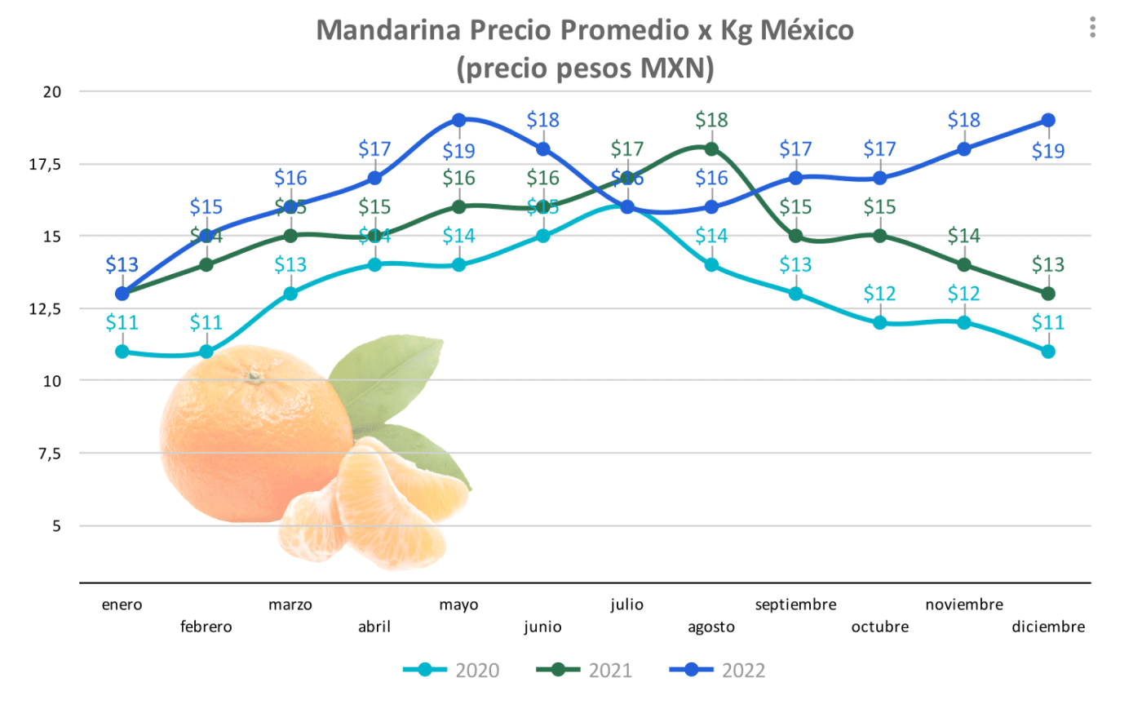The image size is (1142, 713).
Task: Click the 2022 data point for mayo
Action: [x=458, y=121]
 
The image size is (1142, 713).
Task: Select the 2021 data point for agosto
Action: [x=711, y=149]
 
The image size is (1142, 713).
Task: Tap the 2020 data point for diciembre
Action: [x=1048, y=352]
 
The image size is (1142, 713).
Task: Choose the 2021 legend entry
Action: [x=584, y=671]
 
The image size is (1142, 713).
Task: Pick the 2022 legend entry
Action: [x=717, y=671]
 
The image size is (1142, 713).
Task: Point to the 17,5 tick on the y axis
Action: [x=46, y=165]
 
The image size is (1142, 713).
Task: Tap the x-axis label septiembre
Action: [x=795, y=604]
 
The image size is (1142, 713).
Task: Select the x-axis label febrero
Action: [x=206, y=627]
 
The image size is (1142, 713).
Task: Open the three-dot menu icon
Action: [x=1092, y=28]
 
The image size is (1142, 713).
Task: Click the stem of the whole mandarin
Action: [x=255, y=376]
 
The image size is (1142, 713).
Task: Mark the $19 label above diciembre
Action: [x=1048, y=151]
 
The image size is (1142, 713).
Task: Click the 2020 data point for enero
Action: [x=122, y=352]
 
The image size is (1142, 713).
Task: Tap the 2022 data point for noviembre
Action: [x=964, y=149]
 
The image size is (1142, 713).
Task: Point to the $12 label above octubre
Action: [x=879, y=294]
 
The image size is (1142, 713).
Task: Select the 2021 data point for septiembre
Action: [x=795, y=237]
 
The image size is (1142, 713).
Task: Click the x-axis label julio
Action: [x=626, y=604]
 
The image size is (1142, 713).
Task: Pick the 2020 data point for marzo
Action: [x=290, y=294]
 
